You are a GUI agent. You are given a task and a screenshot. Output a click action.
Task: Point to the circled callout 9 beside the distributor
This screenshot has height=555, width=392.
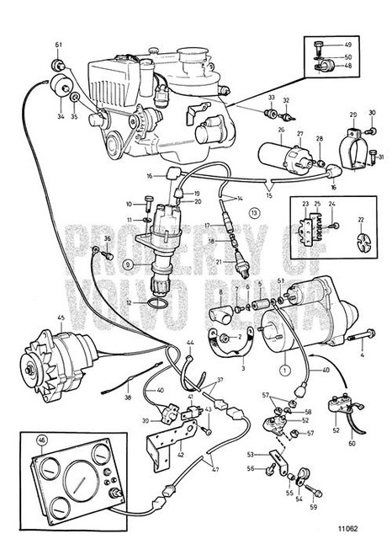[x=128, y=264]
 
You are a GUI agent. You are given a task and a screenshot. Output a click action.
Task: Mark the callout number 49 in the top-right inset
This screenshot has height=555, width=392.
[x=348, y=45]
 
